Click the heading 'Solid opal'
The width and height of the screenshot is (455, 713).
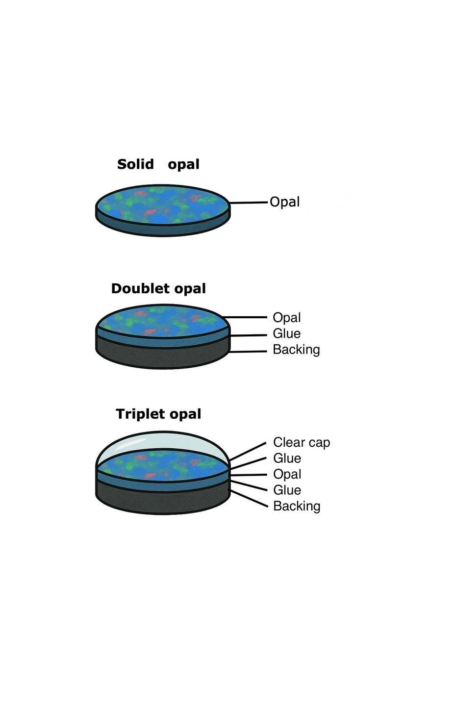[158, 164]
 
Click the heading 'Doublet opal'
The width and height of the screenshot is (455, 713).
[158, 288]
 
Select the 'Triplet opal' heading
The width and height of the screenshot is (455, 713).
[158, 414]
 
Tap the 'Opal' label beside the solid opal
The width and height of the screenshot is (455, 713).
[284, 202]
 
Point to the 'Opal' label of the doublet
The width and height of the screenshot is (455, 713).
[286, 318]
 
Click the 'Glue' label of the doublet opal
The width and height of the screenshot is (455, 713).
[286, 334]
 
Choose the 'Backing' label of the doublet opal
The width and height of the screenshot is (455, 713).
[296, 350]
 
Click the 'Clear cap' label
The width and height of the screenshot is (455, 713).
[302, 442]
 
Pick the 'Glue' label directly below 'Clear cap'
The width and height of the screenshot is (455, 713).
[287, 458]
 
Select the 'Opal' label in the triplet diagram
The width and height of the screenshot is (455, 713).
[287, 474]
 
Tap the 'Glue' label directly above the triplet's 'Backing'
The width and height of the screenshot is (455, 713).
[287, 490]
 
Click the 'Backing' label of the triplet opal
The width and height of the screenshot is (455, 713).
[297, 506]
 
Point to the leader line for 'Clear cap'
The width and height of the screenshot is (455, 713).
[248, 451]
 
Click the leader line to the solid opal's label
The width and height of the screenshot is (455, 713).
[249, 202]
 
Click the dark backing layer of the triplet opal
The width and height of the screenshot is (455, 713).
[162, 500]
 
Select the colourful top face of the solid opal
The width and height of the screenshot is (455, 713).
[162, 204]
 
